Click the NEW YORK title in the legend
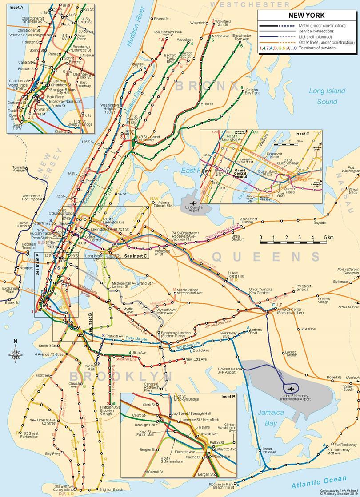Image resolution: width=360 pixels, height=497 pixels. coord(306,15)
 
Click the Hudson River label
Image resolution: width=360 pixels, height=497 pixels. coord(133,27)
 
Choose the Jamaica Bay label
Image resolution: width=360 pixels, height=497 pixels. coord(271,418)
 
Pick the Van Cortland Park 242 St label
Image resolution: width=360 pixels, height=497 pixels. coord(168,34)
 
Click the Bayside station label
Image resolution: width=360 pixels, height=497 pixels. coord(320,223)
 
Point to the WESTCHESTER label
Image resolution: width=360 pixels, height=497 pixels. coord(250,4)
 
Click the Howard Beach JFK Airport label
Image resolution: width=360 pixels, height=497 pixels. coord(230,371)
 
